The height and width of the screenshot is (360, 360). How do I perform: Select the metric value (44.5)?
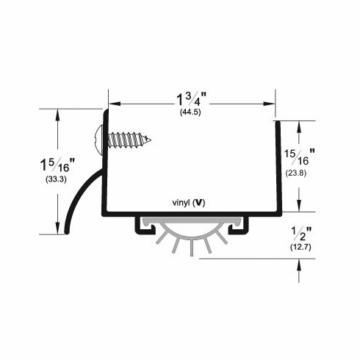pyautogui.click(x=191, y=112)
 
